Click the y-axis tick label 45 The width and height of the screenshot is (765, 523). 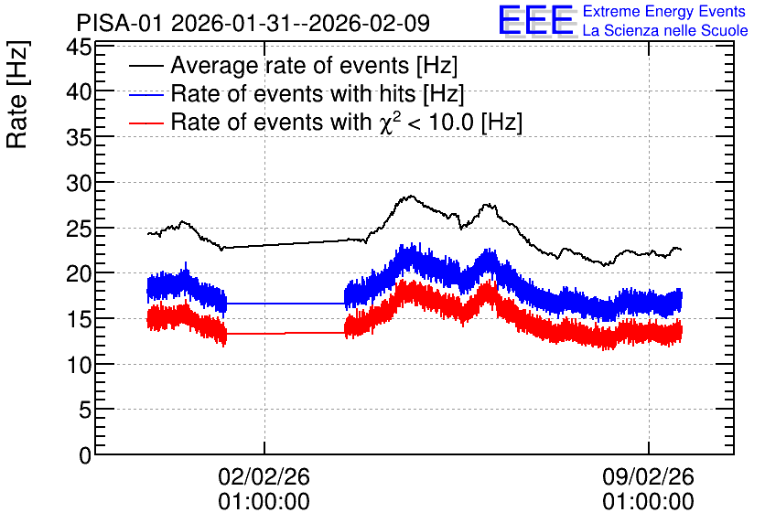(79, 48)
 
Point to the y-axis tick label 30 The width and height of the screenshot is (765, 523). (79, 183)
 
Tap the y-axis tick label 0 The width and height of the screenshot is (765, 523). (85, 455)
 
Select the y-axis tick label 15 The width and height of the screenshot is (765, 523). (79, 320)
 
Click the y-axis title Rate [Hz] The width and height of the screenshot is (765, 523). (17, 94)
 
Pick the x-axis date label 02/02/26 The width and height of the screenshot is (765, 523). (264, 476)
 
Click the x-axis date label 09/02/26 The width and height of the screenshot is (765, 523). (649, 476)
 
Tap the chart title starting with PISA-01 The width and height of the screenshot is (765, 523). (253, 23)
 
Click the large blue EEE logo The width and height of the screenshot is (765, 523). (536, 20)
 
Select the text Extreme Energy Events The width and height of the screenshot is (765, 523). (664, 11)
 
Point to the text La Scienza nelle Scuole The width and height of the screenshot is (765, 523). (665, 30)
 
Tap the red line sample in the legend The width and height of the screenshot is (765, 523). (146, 123)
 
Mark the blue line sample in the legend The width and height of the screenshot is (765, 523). (146, 94)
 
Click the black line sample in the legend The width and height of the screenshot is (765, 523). (146, 66)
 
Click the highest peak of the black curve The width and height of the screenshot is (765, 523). (411, 197)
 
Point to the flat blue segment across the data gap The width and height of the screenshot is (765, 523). (286, 304)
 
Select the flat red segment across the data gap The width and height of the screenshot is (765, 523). (286, 334)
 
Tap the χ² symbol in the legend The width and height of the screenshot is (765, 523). (386, 122)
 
